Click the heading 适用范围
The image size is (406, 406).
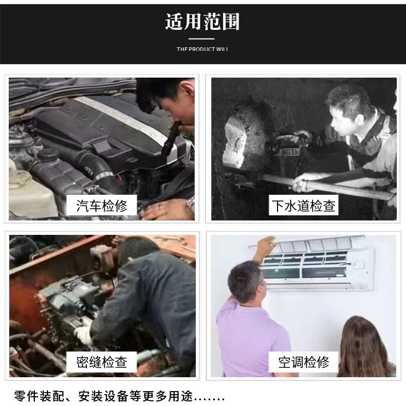(x=202, y=22)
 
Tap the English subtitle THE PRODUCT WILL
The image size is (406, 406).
(x=202, y=49)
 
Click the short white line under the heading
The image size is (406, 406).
(x=201, y=39)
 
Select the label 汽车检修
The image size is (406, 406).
(x=102, y=206)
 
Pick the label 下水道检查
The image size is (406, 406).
(x=303, y=206)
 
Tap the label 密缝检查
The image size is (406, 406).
(x=102, y=362)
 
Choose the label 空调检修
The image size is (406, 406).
(x=303, y=362)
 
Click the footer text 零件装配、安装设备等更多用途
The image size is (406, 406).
(x=104, y=396)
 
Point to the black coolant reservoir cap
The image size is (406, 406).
(x=48, y=155)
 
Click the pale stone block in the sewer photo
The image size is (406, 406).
(x=235, y=141)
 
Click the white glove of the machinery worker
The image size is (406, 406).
(x=83, y=335)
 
